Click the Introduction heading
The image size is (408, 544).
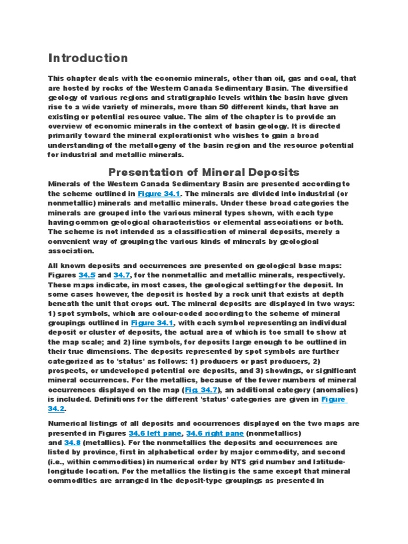[x=88, y=58]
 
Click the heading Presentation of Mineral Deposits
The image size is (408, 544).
[x=204, y=172]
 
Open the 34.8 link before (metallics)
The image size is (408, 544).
[x=72, y=442]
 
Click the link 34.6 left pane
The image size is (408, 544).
[x=155, y=433]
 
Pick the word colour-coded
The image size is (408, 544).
[x=164, y=313]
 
